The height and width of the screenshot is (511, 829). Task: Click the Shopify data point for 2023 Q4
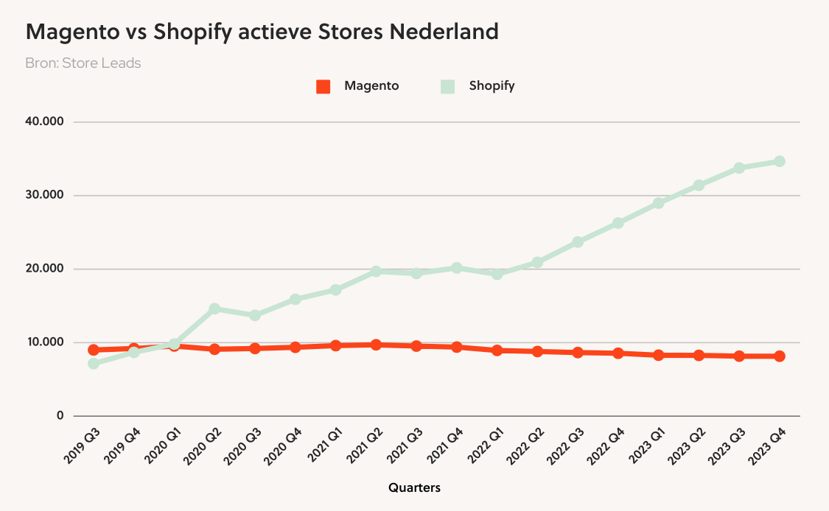779,161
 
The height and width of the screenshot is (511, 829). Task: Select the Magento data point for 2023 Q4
779,356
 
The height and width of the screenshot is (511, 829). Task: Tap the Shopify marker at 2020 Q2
214,309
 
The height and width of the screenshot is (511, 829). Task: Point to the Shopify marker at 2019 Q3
94,363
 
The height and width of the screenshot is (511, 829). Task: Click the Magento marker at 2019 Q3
94,350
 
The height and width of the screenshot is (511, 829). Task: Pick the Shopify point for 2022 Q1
497,274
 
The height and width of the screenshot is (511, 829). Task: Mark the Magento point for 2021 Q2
376,345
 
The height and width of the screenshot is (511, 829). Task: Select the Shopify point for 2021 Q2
376,271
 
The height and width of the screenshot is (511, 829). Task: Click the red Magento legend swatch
323,86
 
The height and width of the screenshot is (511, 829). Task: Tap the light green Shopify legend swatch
447,86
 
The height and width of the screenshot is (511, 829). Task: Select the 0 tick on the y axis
60,416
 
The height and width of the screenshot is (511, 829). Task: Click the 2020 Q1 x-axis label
163,445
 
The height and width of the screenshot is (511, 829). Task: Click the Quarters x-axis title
414,487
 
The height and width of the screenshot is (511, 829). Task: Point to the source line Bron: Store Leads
83,63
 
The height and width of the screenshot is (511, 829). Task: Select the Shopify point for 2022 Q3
578,242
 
